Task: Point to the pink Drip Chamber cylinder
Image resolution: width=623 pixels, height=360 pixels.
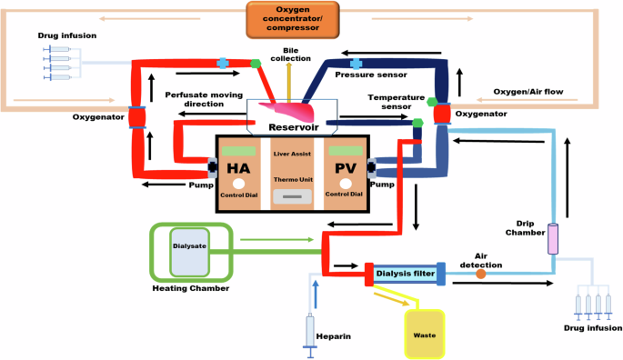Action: coord(552,238)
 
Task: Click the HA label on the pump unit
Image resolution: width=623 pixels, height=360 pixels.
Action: coord(239,169)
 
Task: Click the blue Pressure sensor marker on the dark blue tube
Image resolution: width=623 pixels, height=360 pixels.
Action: coord(357,62)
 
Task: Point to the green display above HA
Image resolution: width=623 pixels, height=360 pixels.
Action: coord(239,150)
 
